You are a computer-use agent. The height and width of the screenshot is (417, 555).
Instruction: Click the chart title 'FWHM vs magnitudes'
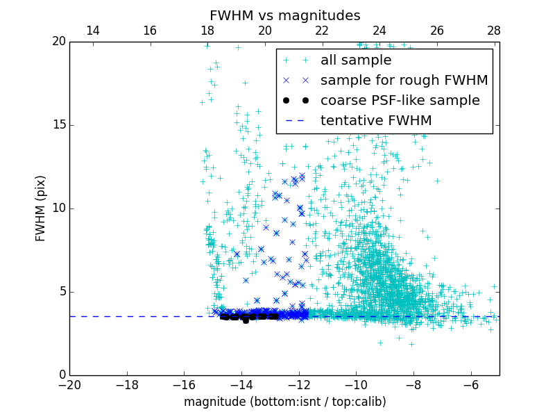(x=284, y=15)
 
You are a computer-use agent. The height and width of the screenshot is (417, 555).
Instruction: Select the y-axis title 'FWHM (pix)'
(x=41, y=208)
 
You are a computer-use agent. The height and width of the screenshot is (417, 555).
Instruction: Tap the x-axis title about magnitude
(x=284, y=402)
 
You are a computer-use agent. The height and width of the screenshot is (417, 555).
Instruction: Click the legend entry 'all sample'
(x=356, y=60)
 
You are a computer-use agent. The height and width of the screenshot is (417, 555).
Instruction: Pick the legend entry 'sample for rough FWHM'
(x=404, y=81)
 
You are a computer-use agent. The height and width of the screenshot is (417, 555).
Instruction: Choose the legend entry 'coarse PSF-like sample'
(x=400, y=101)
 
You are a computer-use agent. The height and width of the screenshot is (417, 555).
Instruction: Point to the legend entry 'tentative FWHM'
(x=376, y=121)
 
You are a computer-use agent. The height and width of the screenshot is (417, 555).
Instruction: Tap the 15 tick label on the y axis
(x=58, y=125)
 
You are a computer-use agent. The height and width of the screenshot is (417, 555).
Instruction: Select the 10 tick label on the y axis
(x=58, y=208)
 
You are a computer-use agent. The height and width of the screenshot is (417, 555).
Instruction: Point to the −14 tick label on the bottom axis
(x=241, y=384)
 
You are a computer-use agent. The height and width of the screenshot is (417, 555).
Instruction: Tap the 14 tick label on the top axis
(x=92, y=31)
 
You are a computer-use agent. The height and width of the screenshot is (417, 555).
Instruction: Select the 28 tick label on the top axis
(x=493, y=31)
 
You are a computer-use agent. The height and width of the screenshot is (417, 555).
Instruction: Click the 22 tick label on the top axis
(x=322, y=31)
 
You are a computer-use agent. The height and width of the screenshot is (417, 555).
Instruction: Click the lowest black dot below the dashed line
(x=246, y=320)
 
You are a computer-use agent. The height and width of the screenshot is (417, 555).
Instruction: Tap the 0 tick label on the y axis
(x=61, y=375)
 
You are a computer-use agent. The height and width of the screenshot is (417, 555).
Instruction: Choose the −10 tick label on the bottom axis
(x=355, y=384)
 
